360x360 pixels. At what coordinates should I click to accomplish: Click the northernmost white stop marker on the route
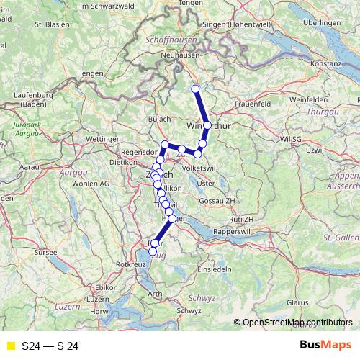194,89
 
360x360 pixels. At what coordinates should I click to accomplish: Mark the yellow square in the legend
11,346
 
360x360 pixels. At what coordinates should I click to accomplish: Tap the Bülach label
160,117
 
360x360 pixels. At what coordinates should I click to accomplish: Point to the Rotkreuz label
130,265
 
